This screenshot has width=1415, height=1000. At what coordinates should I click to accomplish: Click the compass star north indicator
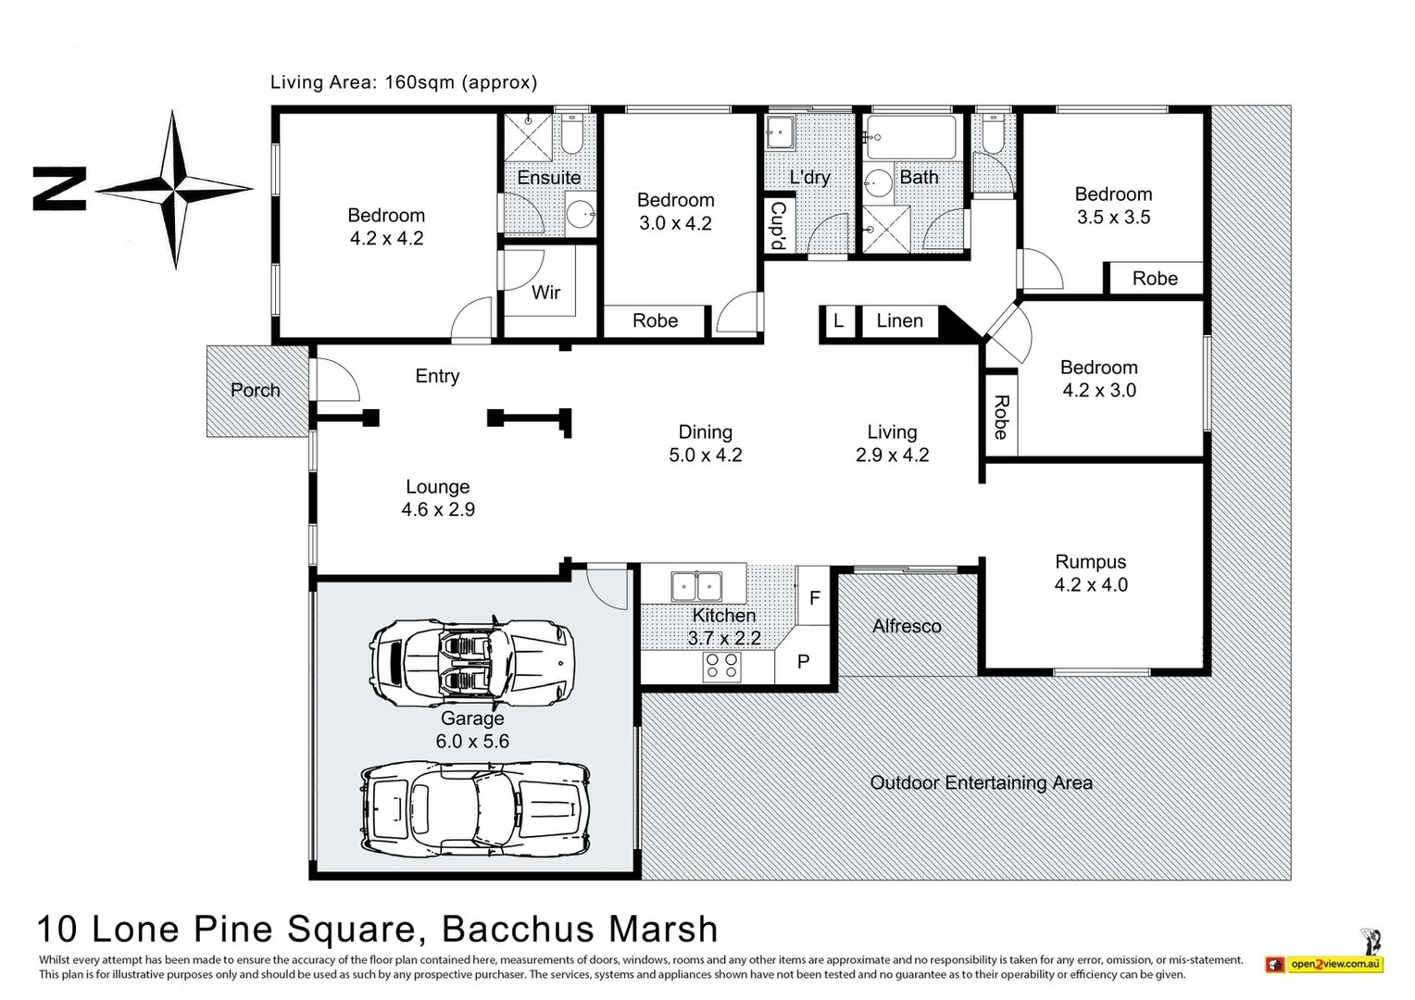(x=174, y=189)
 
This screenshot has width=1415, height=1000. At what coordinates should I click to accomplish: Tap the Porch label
(x=256, y=390)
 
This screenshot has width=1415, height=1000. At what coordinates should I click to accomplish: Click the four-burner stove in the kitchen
(x=721, y=667)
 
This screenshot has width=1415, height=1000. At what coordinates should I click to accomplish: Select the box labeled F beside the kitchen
(x=814, y=598)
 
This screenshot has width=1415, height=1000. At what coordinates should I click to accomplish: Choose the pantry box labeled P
(x=804, y=661)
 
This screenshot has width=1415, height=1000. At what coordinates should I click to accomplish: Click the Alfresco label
(x=907, y=626)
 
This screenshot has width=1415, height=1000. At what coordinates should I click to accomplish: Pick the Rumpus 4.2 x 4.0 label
(x=1091, y=573)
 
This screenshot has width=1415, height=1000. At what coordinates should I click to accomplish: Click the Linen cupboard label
(x=899, y=320)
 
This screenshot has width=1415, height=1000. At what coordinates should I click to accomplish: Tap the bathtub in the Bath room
(x=910, y=138)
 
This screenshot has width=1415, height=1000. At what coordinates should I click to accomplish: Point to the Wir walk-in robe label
(x=545, y=293)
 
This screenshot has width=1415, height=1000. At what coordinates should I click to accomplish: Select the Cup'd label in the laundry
(x=778, y=225)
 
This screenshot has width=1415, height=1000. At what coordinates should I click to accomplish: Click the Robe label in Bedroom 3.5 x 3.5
(x=1155, y=279)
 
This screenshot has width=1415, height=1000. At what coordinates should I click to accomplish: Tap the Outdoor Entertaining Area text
(x=981, y=782)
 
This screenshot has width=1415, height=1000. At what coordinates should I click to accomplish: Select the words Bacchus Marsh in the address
(x=580, y=929)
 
